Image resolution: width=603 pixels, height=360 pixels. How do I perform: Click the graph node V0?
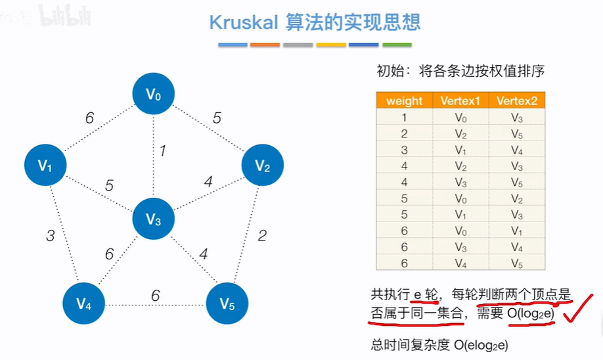[x=153, y=94]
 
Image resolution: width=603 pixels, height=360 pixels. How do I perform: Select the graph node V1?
[x=45, y=166]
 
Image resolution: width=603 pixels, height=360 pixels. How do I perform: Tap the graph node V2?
[x=263, y=166]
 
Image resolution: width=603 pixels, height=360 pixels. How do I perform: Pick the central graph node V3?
[x=153, y=219]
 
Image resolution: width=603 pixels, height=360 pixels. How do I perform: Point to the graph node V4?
[x=83, y=303]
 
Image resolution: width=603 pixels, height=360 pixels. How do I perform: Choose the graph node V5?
[x=227, y=303]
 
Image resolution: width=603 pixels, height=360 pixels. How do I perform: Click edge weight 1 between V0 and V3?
[x=162, y=150]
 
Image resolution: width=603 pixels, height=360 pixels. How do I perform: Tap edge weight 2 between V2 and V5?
[x=262, y=235]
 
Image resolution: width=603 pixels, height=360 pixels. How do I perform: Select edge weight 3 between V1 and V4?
[x=50, y=235]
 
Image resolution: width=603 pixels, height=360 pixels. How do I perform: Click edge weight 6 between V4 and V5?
[x=155, y=296]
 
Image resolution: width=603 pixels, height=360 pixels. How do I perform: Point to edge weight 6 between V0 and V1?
[x=89, y=118]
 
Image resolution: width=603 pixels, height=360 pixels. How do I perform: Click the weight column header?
[x=404, y=101]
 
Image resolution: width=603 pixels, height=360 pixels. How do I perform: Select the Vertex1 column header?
[x=460, y=101]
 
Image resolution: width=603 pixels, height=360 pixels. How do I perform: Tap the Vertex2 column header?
[x=517, y=101]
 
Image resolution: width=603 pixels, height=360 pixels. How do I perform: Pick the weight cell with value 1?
[x=404, y=118]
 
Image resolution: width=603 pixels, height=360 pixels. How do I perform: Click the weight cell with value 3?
[x=404, y=150]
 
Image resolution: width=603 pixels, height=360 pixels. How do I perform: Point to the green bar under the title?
[x=397, y=45]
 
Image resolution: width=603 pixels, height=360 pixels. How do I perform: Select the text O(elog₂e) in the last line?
[x=480, y=344]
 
